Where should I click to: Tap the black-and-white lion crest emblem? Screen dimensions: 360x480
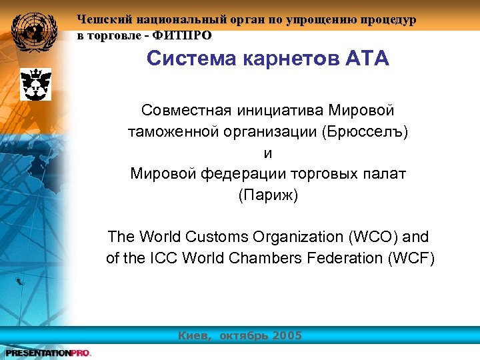click(x=33, y=84)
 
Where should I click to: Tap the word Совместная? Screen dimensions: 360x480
click(x=181, y=109)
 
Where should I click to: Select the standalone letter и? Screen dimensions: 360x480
click(x=269, y=152)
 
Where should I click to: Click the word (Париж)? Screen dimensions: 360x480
click(x=269, y=195)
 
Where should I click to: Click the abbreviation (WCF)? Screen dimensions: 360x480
click(x=411, y=258)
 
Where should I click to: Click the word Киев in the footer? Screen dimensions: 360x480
click(x=196, y=335)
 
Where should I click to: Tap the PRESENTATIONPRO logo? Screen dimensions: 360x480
click(x=47, y=353)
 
